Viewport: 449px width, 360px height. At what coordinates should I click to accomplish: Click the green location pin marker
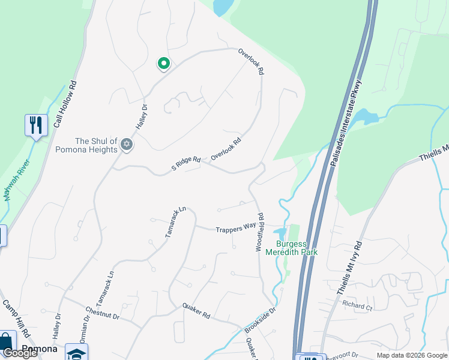[x=163, y=63]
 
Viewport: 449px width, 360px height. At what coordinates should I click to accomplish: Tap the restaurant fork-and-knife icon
[x=36, y=125]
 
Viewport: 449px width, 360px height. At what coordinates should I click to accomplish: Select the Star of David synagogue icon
[x=126, y=144]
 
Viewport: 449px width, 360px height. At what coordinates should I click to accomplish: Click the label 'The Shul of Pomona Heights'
[x=86, y=145]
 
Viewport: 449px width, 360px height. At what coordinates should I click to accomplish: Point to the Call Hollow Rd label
[x=66, y=104]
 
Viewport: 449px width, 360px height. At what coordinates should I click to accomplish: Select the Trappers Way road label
[x=236, y=227]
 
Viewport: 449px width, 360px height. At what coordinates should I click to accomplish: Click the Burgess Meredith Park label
[x=297, y=248]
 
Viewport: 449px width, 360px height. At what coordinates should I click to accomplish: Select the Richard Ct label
[x=357, y=305]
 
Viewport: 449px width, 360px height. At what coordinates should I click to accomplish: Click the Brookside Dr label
[x=259, y=320]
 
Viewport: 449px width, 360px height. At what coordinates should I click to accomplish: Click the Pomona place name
[x=40, y=348]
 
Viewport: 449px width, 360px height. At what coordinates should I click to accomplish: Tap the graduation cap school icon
[x=76, y=353]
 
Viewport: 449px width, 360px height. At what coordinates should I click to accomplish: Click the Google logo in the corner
[x=20, y=353]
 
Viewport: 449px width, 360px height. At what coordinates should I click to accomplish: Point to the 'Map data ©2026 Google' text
[x=412, y=355]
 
